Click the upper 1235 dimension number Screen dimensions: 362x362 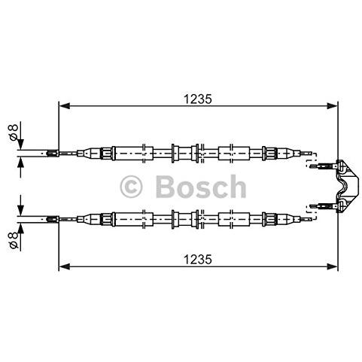198,99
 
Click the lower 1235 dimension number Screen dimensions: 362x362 198,259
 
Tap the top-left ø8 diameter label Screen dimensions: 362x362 14,132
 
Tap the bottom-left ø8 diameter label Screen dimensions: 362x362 14,240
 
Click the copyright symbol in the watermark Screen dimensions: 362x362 131,187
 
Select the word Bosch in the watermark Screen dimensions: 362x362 201,186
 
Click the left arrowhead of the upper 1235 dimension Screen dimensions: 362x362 64,106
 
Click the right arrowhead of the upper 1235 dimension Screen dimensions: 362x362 333,106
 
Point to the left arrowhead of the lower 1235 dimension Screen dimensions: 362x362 64,266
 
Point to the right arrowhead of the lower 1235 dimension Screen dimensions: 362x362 333,266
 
